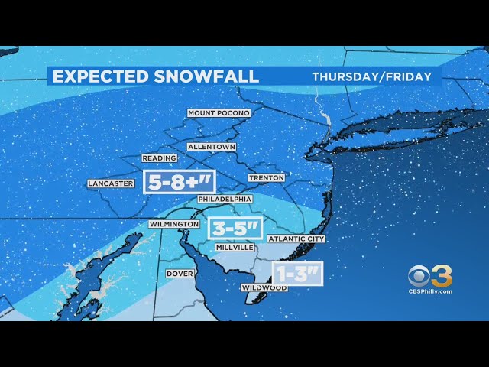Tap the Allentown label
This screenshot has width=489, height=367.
tap(212, 146)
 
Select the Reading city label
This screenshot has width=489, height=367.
tap(160, 158)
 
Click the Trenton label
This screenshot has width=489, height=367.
tap(266, 177)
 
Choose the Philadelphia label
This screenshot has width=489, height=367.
tap(225, 199)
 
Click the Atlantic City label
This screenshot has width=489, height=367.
tap(296, 239)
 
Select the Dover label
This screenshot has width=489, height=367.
tap(179, 273)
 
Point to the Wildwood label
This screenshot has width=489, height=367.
tap(264, 287)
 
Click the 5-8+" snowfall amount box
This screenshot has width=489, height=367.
tap(180, 181)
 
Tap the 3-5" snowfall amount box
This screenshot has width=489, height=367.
tap(235, 228)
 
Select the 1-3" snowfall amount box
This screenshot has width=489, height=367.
tap(298, 273)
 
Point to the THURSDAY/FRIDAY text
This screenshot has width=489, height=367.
tap(371, 76)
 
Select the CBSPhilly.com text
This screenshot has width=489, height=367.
tap(430, 291)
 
